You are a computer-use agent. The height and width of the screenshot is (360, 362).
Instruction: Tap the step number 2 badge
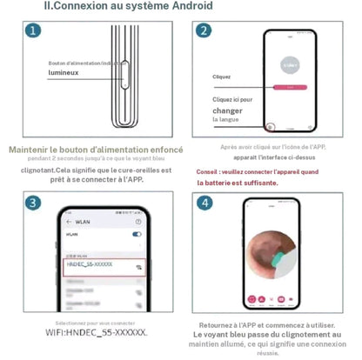point(203,31)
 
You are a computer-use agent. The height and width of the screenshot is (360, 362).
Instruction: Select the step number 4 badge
point(203,203)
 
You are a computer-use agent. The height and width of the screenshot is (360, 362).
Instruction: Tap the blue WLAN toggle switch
point(137,235)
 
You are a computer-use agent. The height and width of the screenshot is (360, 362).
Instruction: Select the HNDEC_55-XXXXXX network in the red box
point(92,264)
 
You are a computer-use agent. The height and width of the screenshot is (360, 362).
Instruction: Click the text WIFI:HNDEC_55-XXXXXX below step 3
point(96,332)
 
